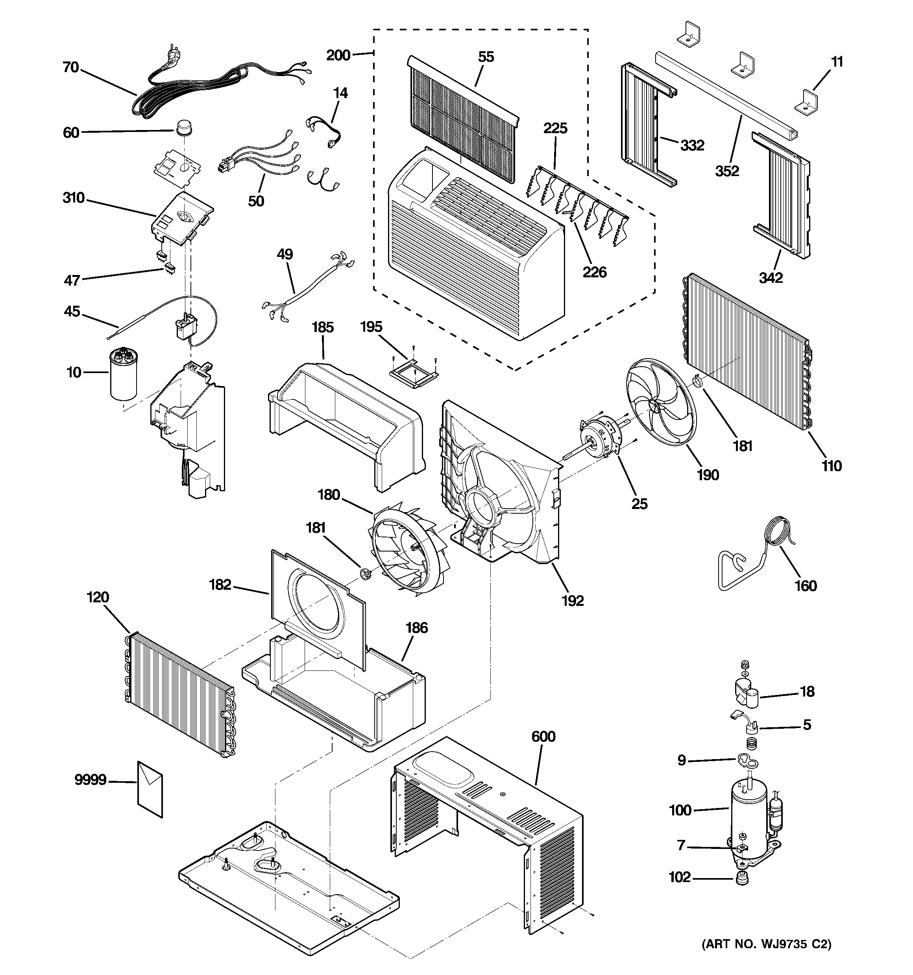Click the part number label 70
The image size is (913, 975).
[x=70, y=67]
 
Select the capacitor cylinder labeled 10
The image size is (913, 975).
[x=123, y=373]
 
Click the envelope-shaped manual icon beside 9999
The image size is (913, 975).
[x=150, y=789]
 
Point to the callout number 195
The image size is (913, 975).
[x=371, y=327]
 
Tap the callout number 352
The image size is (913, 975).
[x=727, y=171]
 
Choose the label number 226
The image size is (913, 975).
[x=595, y=272]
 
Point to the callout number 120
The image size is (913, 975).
[x=98, y=597]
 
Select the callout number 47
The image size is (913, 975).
[x=72, y=280]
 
